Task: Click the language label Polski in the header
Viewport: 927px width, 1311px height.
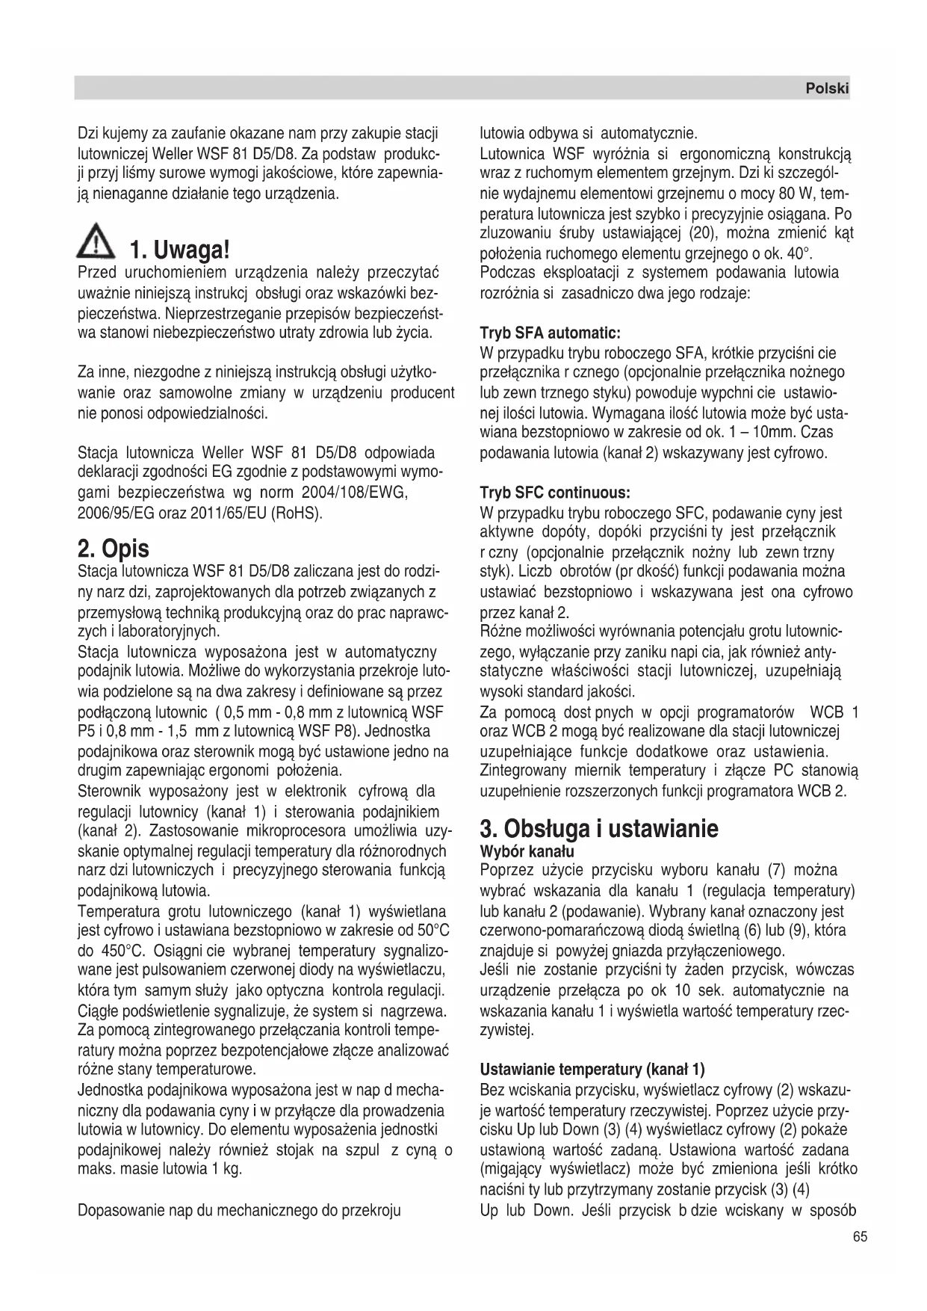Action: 827,88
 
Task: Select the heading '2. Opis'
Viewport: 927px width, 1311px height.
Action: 114,549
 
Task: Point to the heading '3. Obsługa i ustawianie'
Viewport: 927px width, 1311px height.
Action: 599,828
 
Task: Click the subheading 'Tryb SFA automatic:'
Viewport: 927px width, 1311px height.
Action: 550,333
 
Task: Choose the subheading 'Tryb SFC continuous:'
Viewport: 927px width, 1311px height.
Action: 554,493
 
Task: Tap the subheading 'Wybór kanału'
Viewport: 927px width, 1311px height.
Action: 527,851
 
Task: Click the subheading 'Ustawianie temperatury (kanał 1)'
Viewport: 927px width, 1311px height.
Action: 592,1069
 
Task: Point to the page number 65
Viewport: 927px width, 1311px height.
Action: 860,1237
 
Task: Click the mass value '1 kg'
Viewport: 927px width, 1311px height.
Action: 226,1169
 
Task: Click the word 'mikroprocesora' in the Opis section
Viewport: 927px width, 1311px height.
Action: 292,831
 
